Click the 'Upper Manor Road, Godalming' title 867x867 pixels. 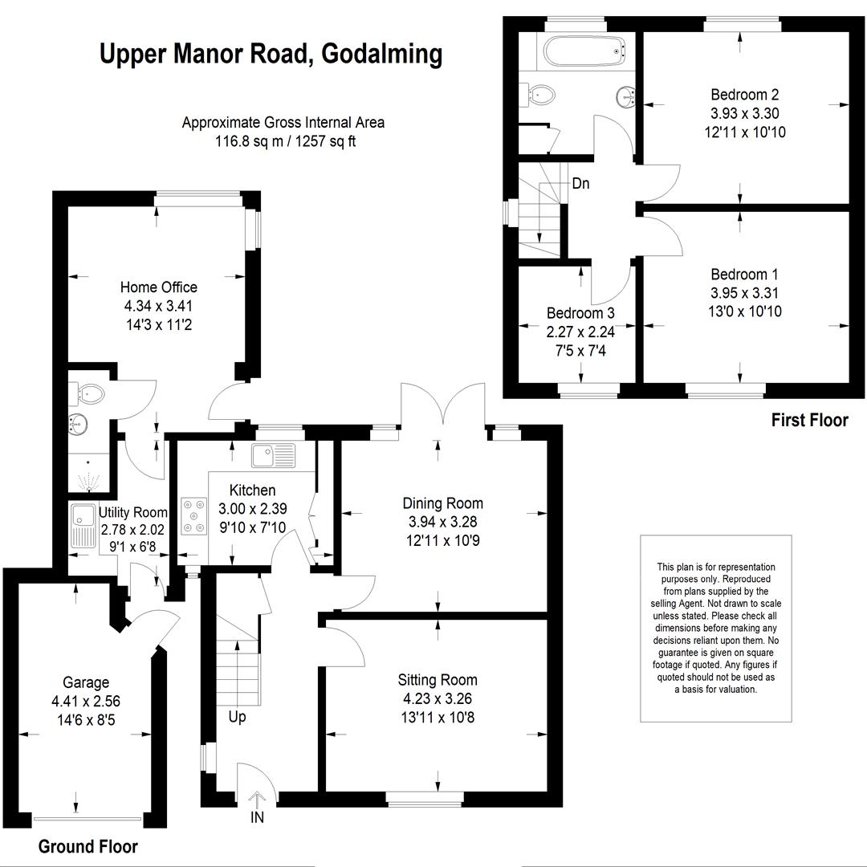pyautogui.click(x=271, y=55)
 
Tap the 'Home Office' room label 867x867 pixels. pyautogui.click(x=159, y=287)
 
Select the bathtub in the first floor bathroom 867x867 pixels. pyautogui.click(x=586, y=51)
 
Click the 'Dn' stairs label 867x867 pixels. pyautogui.click(x=580, y=183)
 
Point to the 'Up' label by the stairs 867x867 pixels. pyautogui.click(x=237, y=718)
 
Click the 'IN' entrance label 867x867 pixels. pyautogui.click(x=257, y=816)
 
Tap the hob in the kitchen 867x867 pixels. pyautogui.click(x=194, y=516)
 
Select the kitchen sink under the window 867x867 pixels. pyautogui.click(x=274, y=455)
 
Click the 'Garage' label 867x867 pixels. pyautogui.click(x=86, y=682)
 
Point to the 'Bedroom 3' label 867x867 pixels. pyautogui.click(x=580, y=313)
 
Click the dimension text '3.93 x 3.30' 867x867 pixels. pyautogui.click(x=745, y=113)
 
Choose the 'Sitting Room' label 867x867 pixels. pyautogui.click(x=438, y=680)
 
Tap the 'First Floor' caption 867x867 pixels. pyautogui.click(x=809, y=420)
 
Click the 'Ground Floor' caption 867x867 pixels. pyautogui.click(x=88, y=846)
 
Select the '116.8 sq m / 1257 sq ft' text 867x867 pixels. pyautogui.click(x=285, y=141)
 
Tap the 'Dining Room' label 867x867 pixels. pyautogui.click(x=442, y=503)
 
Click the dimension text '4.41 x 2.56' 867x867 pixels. pyautogui.click(x=86, y=701)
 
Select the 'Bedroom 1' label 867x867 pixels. pyautogui.click(x=744, y=275)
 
